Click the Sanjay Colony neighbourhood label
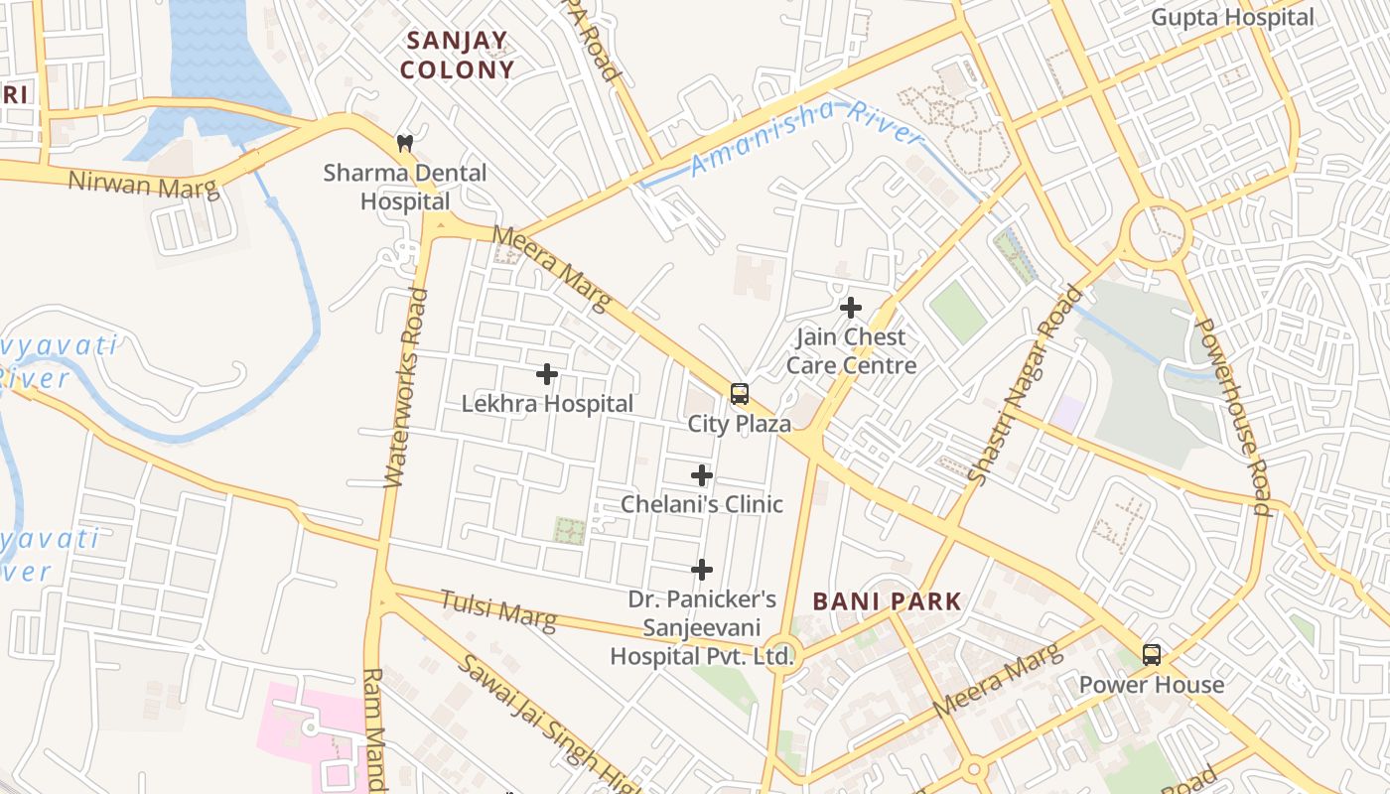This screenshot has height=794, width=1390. (458, 56)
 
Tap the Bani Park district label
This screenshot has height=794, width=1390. (887, 601)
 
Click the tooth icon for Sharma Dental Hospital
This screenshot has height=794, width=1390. (404, 143)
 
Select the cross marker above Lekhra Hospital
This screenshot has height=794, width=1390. (547, 374)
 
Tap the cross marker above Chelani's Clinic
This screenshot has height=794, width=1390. (702, 475)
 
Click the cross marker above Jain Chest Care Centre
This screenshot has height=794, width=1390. (851, 308)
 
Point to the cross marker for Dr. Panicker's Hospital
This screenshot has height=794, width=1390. (702, 570)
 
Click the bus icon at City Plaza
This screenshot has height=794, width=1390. (740, 394)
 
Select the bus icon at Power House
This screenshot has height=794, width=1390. (1152, 655)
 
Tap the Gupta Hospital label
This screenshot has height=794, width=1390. (1232, 18)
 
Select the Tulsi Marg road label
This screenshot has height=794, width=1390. (498, 610)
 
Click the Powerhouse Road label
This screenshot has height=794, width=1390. (1234, 417)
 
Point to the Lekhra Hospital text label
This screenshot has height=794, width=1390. (547, 404)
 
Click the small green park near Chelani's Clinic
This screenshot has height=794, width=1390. (569, 530)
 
